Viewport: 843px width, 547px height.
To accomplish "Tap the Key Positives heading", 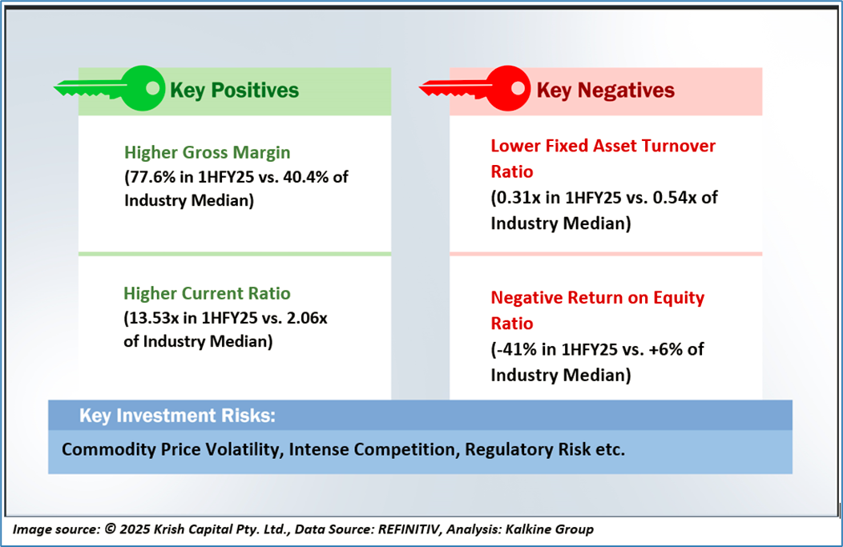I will pyautogui.click(x=234, y=90).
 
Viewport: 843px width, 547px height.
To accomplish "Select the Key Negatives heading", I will pyautogui.click(x=605, y=90).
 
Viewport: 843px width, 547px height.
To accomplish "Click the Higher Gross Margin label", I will pyautogui.click(x=208, y=152).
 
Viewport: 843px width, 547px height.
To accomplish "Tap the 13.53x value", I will pyautogui.click(x=153, y=318).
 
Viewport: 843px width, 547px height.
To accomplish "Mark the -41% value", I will pyautogui.click(x=514, y=350).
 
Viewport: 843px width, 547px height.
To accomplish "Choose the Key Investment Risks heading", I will pyautogui.click(x=177, y=416).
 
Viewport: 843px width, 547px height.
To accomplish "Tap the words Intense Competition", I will pyautogui.click(x=373, y=449).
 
